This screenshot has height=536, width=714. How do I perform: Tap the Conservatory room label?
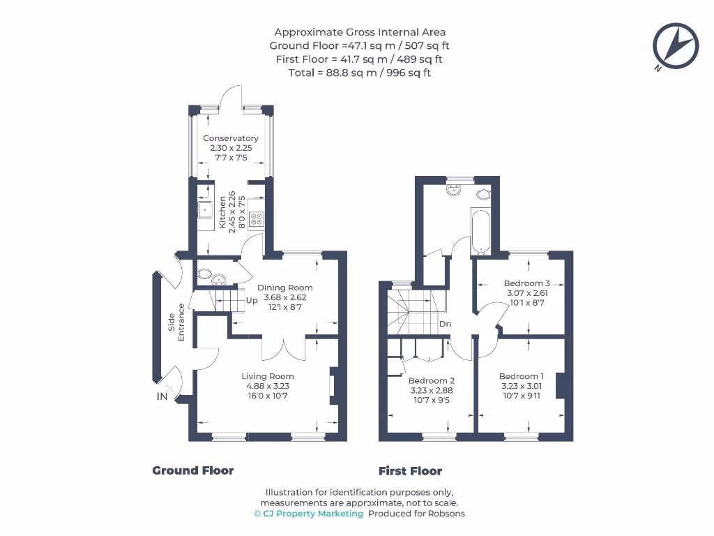click(231, 138)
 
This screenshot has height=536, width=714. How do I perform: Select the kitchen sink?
click(205, 208)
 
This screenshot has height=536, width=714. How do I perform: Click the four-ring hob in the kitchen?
click(257, 218)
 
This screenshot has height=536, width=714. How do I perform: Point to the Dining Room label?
click(285, 288)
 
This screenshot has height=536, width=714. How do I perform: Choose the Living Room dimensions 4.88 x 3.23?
click(264, 386)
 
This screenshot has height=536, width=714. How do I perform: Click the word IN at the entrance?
click(162, 396)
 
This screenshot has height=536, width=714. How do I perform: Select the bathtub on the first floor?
click(481, 231)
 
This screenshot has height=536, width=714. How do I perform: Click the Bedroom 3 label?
click(527, 283)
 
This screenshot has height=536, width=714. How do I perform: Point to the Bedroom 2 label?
click(431, 380)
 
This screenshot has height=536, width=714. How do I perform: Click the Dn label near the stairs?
click(445, 324)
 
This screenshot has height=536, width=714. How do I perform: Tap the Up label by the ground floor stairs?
click(252, 301)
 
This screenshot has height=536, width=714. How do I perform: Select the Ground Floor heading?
click(193, 470)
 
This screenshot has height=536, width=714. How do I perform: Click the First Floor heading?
click(410, 470)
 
